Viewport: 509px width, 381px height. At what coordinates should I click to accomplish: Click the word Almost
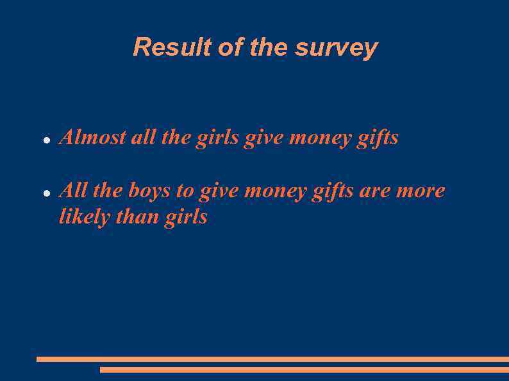[x=92, y=137]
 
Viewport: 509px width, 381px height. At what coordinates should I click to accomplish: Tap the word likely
[x=84, y=217]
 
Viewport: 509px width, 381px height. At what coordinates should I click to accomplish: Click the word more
[x=421, y=191]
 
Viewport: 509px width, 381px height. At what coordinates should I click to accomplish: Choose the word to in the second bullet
[x=185, y=191]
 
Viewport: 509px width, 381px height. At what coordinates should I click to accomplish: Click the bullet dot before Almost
[x=47, y=139]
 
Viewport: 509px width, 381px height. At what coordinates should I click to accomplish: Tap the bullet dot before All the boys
[x=47, y=192]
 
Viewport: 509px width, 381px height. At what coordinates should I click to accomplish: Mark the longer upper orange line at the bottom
[x=272, y=359]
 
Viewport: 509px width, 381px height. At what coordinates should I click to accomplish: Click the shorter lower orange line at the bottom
[x=305, y=369]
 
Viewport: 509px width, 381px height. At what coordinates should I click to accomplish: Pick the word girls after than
[x=186, y=217]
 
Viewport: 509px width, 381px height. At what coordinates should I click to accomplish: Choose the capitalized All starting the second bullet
[x=72, y=191]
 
